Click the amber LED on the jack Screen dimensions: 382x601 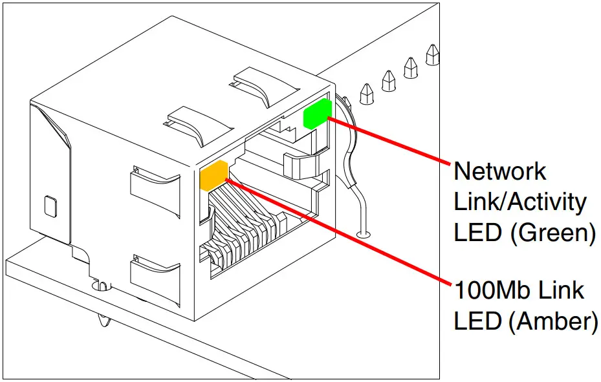[x=214, y=176]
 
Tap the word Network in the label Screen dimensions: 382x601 [x=499, y=171]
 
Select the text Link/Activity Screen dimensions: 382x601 [x=519, y=202]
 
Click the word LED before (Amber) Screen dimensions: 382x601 [x=478, y=321]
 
